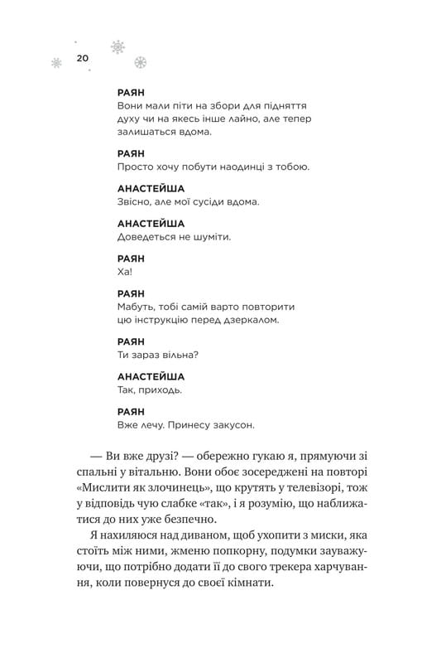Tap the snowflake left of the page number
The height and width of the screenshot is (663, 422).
(56, 62)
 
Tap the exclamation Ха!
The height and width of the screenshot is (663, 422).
(127, 271)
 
